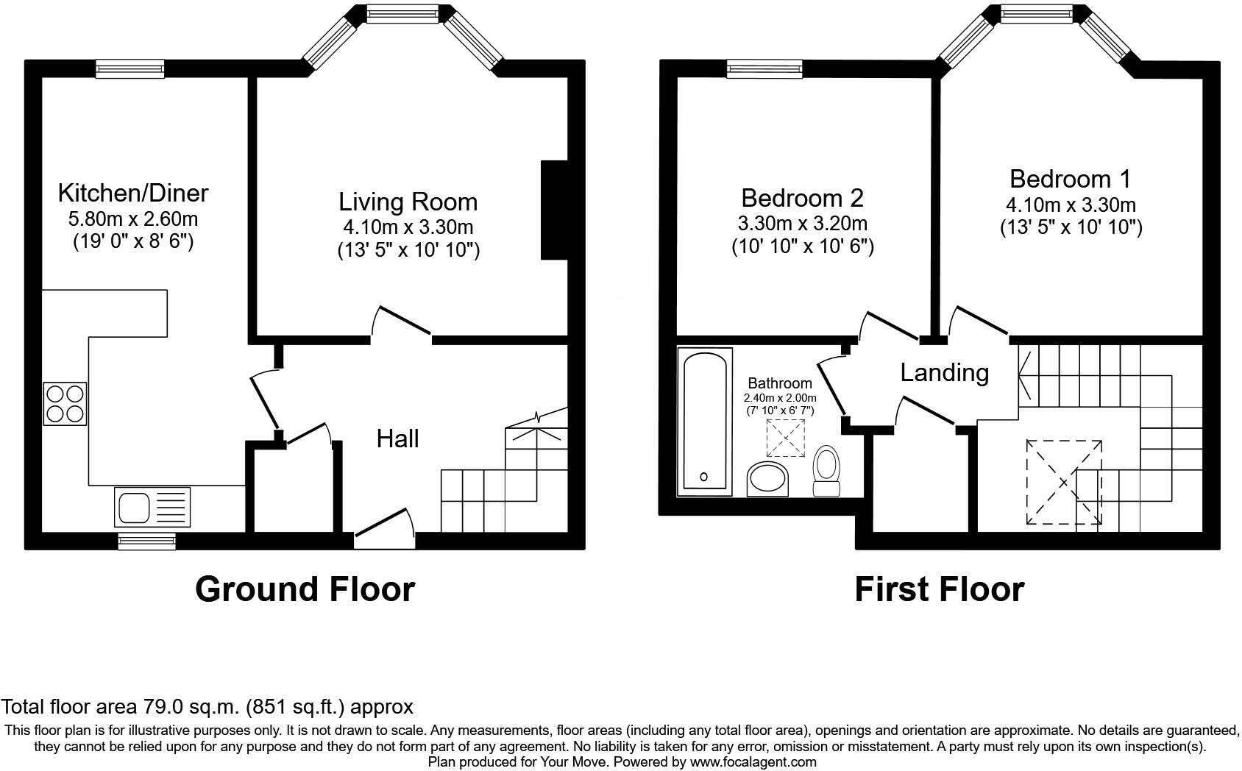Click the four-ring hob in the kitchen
(x=65, y=403)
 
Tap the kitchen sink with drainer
(x=152, y=506)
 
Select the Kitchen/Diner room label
(x=133, y=193)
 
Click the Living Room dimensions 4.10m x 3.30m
(x=408, y=227)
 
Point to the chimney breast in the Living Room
(x=554, y=210)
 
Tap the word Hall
(x=397, y=438)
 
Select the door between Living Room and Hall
(x=401, y=321)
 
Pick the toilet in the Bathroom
(x=827, y=471)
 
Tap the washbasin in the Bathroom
(x=768, y=479)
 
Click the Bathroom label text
(x=780, y=383)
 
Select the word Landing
(x=945, y=372)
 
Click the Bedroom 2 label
(x=802, y=198)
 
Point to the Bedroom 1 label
(x=1070, y=179)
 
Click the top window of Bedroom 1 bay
(x=1040, y=14)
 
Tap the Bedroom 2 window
(x=764, y=69)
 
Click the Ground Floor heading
(x=305, y=589)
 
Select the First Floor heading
(x=939, y=589)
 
